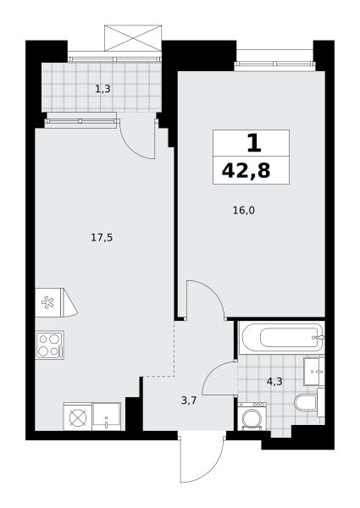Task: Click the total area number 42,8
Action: coord(246,171)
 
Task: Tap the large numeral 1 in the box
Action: coord(254,144)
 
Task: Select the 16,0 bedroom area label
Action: coord(244,211)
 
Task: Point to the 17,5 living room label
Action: coord(102,238)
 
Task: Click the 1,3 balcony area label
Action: coord(102,89)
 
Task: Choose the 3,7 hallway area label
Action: coord(189,400)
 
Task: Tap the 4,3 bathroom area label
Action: coord(274,381)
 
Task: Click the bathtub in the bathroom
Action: coord(281,338)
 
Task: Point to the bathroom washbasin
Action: coord(314,372)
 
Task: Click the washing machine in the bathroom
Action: coord(252,417)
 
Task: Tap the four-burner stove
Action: coord(50,345)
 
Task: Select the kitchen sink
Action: coord(106,417)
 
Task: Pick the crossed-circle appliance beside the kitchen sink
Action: coord(78,417)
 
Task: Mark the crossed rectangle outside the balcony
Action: coord(133,38)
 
